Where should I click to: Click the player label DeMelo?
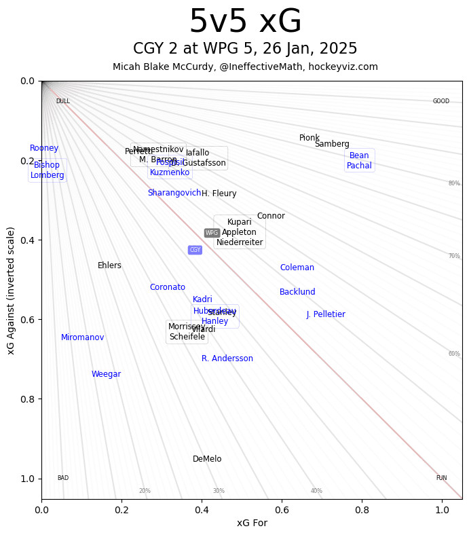pos(207,459)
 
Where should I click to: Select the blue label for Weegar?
pos(106,374)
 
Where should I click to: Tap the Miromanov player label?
pos(82,337)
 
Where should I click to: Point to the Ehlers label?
pos(109,265)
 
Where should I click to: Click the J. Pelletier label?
pos(326,314)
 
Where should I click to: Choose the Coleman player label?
pos(297,267)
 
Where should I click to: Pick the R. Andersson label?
pos(227,358)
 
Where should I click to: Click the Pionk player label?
pos(309,138)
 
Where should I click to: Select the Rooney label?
pos(44,148)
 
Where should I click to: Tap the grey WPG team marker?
pos(212,233)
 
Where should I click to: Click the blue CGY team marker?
pos(195,250)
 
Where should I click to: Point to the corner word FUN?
pos(441,478)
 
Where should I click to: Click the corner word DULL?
pos(62,101)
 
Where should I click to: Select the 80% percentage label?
pos(453,183)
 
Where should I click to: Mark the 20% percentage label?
pos(145,491)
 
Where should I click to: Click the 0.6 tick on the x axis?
pos(282,509)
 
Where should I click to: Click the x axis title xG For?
pos(252,523)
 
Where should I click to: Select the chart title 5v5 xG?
pos(245,22)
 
